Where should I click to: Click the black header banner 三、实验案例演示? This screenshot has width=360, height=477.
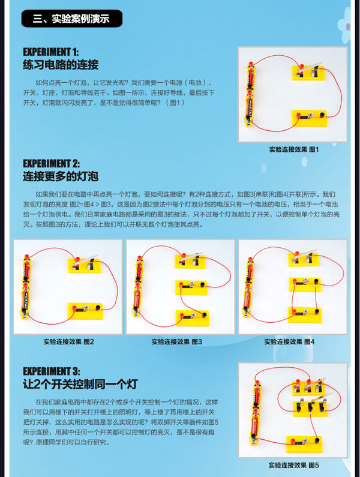tap(72, 19)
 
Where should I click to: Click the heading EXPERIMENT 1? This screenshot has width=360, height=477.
tap(51, 52)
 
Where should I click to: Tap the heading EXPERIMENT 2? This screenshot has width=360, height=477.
tap(52, 163)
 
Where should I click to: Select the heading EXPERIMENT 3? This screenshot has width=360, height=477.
tap(52, 371)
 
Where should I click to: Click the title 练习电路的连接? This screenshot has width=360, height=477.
tap(61, 65)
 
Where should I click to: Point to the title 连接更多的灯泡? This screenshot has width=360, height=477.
tap(61, 176)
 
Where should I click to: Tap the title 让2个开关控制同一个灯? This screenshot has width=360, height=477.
tap(80, 384)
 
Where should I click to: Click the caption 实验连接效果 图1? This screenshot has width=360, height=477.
tap(293, 149)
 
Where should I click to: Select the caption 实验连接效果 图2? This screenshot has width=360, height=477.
tap(68, 341)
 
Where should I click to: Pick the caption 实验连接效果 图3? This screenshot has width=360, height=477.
tap(177, 341)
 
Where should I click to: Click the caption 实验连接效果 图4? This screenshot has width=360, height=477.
tap(289, 341)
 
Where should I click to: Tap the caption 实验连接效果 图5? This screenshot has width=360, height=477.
tap(293, 465)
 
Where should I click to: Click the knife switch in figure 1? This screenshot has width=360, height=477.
tap(308, 72)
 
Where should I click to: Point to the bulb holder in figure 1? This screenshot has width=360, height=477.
tap(310, 118)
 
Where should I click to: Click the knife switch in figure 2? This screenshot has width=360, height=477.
tap(84, 265)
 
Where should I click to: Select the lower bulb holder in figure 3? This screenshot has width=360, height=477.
tap(193, 318)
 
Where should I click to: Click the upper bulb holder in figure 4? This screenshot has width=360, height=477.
tap(305, 284)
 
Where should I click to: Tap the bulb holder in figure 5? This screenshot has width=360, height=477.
tap(304, 444)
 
